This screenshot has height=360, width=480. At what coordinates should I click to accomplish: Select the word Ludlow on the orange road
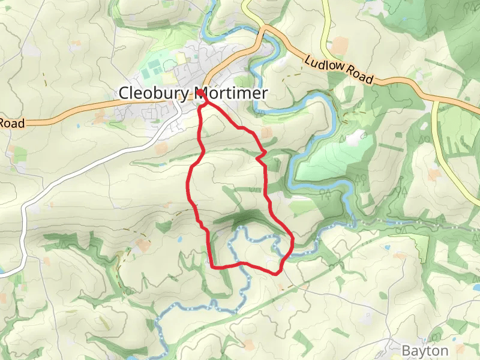click(x=325, y=64)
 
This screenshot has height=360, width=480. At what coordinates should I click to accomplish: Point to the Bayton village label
click(x=425, y=350)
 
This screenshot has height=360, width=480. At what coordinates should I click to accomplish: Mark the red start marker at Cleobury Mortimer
click(x=200, y=94)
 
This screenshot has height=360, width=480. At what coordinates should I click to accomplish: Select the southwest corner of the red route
click(x=212, y=265)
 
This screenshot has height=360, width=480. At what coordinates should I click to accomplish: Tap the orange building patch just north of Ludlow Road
click(x=340, y=44)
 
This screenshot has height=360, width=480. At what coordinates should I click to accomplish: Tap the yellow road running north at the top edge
click(x=325, y=18)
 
